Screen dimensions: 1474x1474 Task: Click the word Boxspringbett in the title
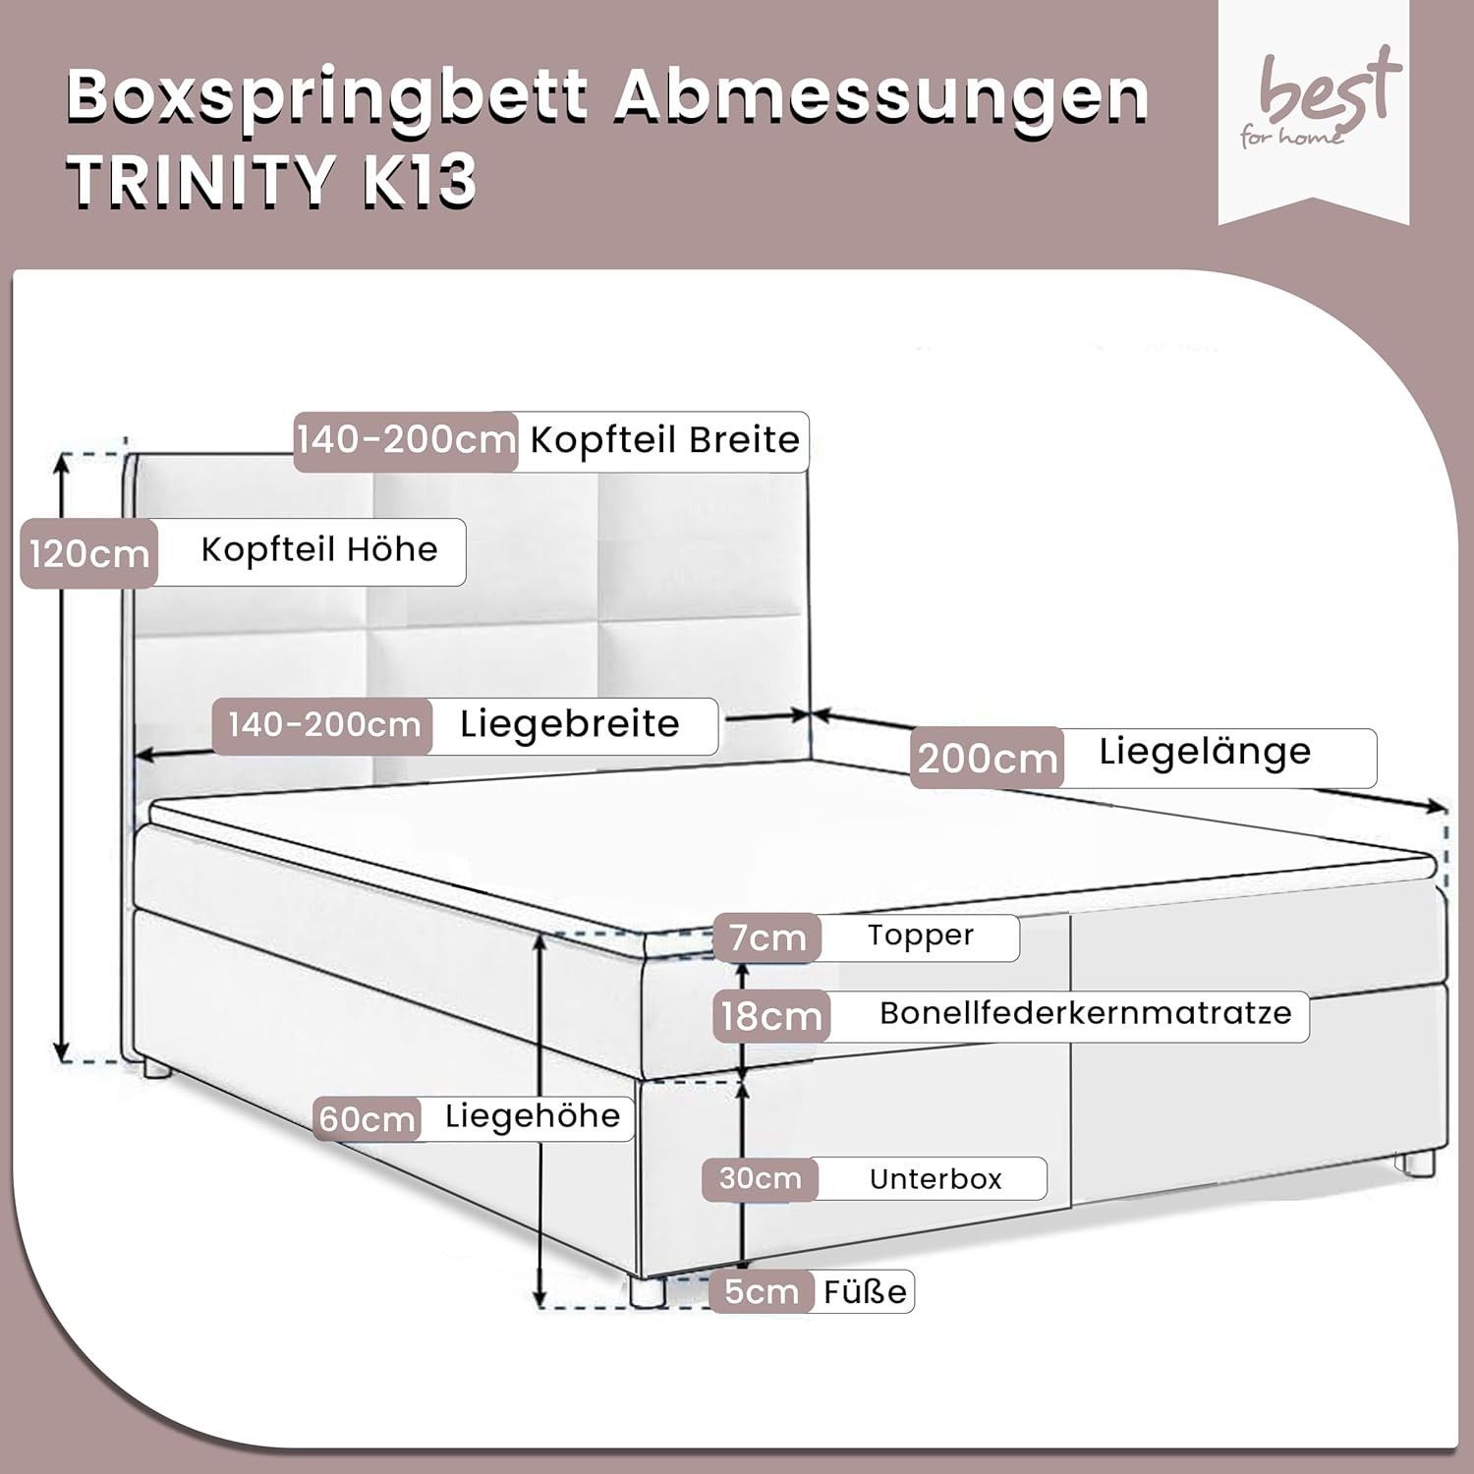[326, 95]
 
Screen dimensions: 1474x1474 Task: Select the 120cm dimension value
[88, 554]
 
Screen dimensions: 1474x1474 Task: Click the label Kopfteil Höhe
[319, 549]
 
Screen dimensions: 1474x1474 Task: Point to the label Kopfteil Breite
[665, 440]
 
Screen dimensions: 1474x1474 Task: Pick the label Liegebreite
[570, 724]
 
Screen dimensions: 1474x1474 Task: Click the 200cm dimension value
[988, 758]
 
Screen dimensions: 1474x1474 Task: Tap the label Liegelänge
[1205, 752]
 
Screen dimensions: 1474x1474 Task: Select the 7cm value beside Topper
[767, 937]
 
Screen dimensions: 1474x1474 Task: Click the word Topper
[921, 935]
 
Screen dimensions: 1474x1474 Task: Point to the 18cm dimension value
[771, 1016]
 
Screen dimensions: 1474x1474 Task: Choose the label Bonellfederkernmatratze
[1086, 1013]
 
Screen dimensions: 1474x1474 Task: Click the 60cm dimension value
[368, 1119]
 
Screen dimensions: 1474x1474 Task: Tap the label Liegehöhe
[533, 1116]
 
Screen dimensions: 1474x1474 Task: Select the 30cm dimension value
[760, 1178]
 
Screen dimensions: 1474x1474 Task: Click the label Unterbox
[935, 1179]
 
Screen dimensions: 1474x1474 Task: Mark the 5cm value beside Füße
[762, 1291]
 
